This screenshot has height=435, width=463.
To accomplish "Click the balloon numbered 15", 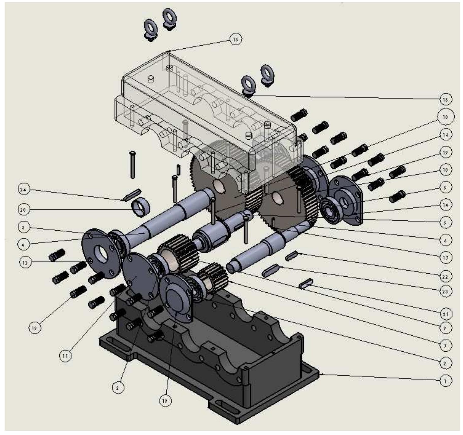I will (235, 39).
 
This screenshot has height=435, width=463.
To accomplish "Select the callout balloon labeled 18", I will (445, 100).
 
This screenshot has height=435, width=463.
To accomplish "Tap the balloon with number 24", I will (23, 190).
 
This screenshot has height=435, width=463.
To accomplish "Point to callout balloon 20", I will (23, 210).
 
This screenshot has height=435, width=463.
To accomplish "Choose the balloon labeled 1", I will (445, 380).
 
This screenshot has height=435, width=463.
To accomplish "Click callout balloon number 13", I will (165, 401).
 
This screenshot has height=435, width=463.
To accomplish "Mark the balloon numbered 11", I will (65, 356).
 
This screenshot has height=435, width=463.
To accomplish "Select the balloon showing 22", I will (445, 277).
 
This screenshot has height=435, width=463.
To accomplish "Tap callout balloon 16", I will (445, 135).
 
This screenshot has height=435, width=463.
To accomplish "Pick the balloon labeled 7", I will (445, 345).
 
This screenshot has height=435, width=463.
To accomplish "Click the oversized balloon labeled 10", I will (445, 117).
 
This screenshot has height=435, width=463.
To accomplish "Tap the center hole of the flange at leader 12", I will (101, 253).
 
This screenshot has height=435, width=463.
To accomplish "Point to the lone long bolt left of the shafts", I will (132, 165).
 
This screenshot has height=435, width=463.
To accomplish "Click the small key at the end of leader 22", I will (291, 256).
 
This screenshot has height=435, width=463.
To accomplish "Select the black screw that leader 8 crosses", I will (397, 197).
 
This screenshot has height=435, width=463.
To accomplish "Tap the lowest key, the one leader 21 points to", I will (305, 284).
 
